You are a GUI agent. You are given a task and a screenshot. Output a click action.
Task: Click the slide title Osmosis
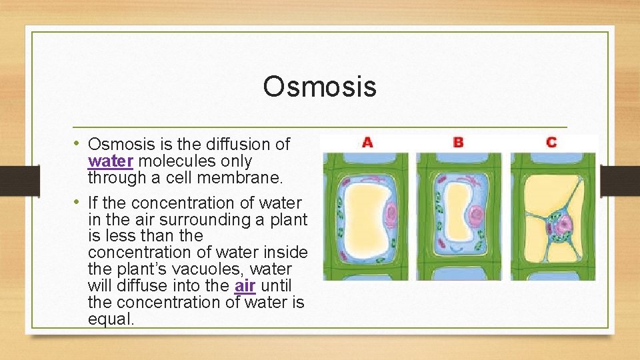coord(319,86)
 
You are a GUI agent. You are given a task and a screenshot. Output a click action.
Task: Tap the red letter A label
coord(367,142)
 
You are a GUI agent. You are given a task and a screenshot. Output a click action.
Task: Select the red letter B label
coord(458,142)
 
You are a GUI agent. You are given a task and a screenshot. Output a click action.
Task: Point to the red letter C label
coord(551,142)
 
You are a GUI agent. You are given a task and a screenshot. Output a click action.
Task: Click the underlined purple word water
coord(111,161)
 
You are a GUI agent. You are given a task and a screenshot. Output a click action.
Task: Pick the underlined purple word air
coord(245,286)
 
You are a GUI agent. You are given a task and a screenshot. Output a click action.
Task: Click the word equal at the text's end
coord(111,319)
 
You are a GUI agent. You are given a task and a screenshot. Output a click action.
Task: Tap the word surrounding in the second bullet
coord(215,219)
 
